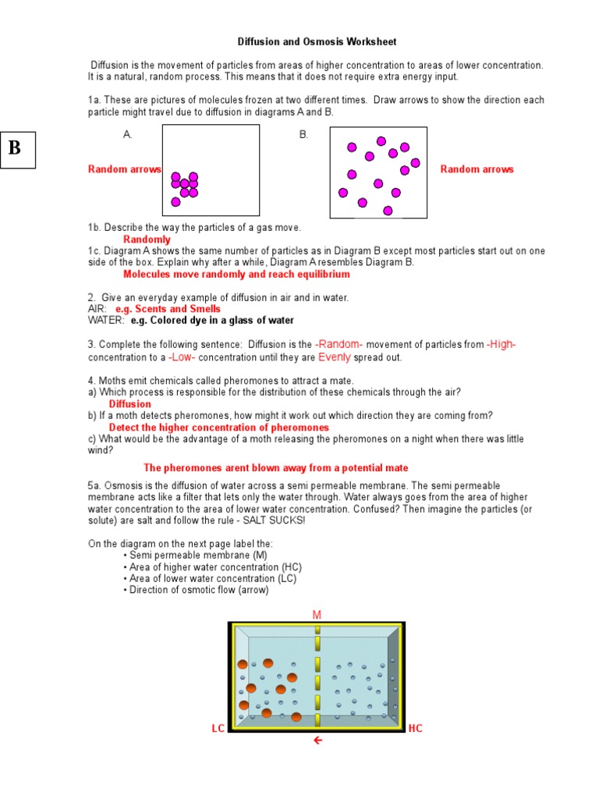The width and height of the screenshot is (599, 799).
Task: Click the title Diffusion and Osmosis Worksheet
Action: point(317,42)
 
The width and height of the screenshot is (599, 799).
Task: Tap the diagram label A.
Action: point(127,135)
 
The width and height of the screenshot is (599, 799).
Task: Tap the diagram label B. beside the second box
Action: point(303,135)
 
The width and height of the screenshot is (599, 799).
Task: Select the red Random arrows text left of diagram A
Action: point(125,169)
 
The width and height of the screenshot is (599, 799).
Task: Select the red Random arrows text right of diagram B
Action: point(477,169)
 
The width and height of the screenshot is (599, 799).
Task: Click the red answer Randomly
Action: point(147,240)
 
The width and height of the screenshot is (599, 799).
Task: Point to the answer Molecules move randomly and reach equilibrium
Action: point(236,275)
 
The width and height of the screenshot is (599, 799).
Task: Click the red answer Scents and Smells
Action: point(168,309)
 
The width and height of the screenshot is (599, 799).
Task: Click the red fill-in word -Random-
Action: point(339,345)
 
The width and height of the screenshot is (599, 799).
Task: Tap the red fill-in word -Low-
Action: point(183,357)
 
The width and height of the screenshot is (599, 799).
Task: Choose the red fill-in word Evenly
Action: point(334,357)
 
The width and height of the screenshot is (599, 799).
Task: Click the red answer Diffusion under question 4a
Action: point(129,404)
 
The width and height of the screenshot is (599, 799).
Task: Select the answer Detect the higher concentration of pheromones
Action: point(218,428)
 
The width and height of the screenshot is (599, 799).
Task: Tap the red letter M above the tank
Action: point(317,615)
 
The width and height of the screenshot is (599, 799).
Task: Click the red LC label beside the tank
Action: point(218,728)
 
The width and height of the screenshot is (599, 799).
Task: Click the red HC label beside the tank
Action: point(415,728)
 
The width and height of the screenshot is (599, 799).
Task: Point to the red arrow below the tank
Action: point(317,740)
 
